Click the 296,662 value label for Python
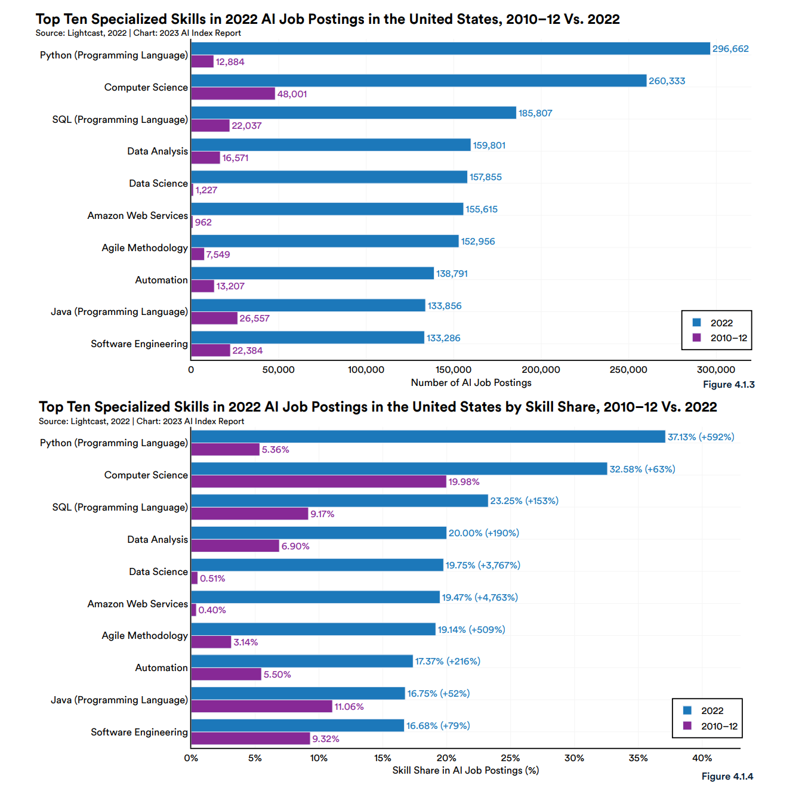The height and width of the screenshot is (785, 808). tap(730, 49)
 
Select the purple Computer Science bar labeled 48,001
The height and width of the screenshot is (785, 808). tap(233, 94)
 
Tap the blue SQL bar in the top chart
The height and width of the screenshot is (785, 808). tap(353, 113)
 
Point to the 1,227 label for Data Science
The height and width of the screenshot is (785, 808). tap(206, 190)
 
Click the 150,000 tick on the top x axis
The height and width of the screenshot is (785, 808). tap(453, 370)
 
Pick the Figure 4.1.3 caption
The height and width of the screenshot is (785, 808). tap(728, 385)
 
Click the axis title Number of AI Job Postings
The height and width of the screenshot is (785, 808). tap(471, 383)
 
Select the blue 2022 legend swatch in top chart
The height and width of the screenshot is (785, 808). tap(696, 323)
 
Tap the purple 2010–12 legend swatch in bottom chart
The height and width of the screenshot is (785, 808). tap(687, 726)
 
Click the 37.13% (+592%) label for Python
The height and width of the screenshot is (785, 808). tap(701, 437)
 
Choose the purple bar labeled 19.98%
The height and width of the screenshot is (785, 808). tap(318, 481)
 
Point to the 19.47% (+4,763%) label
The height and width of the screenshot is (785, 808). tap(479, 598)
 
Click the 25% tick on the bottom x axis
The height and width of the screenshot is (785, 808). tap(510, 758)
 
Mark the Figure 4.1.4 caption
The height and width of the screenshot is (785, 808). tap(727, 777)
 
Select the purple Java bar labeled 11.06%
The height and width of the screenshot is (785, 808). tap(261, 706)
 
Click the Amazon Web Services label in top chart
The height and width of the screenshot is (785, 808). tap(137, 216)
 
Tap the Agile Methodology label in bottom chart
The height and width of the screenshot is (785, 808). tap(144, 636)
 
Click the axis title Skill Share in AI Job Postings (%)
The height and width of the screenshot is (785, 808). tap(465, 771)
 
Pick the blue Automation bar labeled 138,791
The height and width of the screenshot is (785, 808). tap(312, 273)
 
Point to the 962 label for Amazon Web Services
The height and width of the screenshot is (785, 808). tap(203, 222)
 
